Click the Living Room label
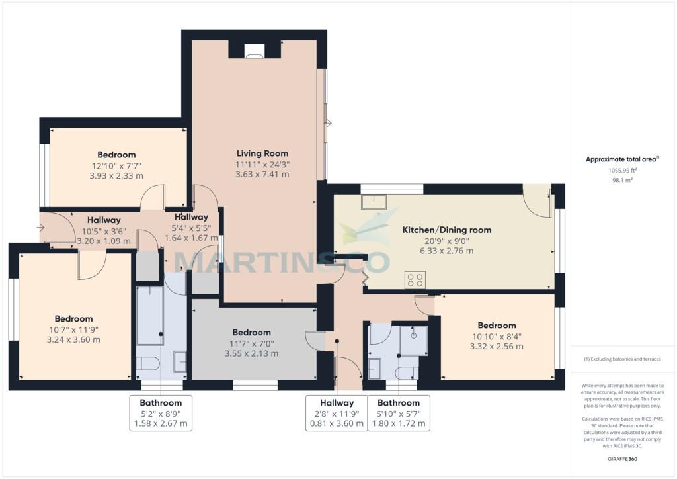(x=262, y=153)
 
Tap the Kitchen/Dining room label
(x=447, y=230)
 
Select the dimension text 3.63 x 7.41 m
(x=262, y=175)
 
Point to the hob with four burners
(x=415, y=280)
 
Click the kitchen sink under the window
(x=374, y=202)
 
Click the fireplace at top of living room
(x=255, y=51)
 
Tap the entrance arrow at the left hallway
(x=41, y=227)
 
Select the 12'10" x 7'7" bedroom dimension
(x=116, y=166)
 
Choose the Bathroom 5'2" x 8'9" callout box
(x=161, y=413)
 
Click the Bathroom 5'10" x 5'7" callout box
(x=399, y=413)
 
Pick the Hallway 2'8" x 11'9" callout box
(x=337, y=413)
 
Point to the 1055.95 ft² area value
(x=622, y=171)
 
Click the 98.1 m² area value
(x=622, y=180)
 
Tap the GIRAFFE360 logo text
(x=622, y=459)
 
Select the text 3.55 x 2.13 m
(x=251, y=354)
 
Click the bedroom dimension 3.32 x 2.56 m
(x=497, y=347)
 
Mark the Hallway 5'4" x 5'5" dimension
(x=191, y=228)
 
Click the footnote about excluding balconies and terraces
(x=622, y=359)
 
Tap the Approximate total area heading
(x=622, y=159)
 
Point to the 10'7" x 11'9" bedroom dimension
(x=73, y=330)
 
